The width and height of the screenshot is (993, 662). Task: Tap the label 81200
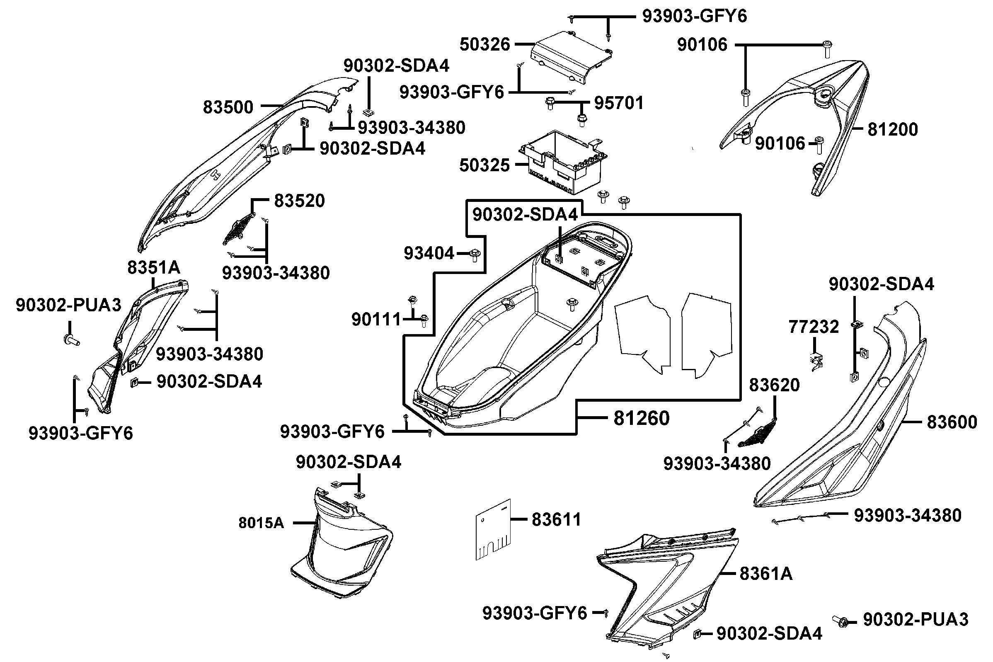point(892,130)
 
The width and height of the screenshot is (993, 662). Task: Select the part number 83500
point(228,107)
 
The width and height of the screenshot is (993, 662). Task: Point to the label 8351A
point(154,267)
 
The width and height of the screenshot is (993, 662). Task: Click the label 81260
point(641,418)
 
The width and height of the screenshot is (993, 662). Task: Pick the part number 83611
point(556,520)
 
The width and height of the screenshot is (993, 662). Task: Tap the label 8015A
point(261,523)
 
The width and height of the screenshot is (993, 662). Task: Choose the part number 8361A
point(766,574)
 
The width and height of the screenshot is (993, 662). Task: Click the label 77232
point(814,327)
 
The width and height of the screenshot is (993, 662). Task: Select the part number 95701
point(619,103)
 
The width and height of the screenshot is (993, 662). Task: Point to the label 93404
point(429,253)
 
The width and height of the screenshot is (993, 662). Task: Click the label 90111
point(376,320)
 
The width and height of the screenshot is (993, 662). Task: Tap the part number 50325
point(484,165)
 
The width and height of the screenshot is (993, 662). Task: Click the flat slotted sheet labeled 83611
point(493,530)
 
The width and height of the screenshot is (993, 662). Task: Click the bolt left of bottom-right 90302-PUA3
point(840,620)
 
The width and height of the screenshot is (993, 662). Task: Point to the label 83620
point(774,385)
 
